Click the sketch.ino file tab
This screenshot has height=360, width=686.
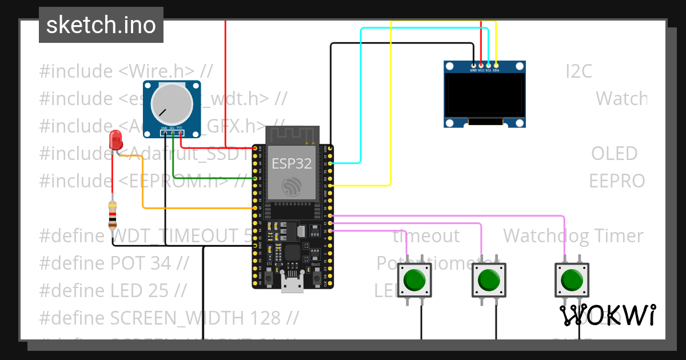click(101, 25)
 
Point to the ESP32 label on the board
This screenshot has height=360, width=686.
click(292, 164)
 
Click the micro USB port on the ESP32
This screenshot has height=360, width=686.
click(292, 283)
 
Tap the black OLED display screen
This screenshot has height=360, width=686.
click(485, 95)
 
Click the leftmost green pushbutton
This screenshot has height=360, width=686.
click(414, 280)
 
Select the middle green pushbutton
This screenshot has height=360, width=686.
click(488, 280)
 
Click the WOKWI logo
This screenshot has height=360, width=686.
click(607, 315)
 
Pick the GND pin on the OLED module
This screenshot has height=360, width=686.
click(473, 66)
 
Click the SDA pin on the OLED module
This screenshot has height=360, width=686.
click(496, 66)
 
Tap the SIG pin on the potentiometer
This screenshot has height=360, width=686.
click(172, 133)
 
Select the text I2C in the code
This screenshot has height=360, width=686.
click(579, 71)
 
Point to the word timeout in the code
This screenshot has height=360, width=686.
click(426, 235)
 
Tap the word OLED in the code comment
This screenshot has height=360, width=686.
click(614, 153)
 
